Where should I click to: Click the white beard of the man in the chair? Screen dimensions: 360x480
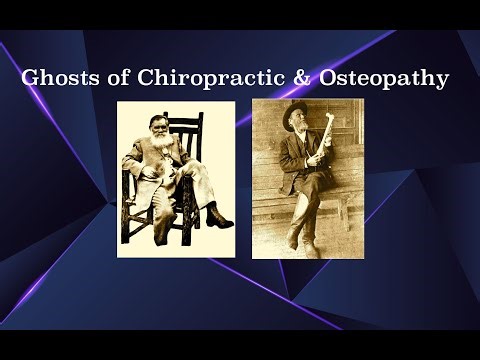point(157,156)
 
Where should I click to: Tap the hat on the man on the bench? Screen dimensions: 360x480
point(297,109)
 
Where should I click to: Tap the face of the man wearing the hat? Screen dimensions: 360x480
point(297,124)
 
